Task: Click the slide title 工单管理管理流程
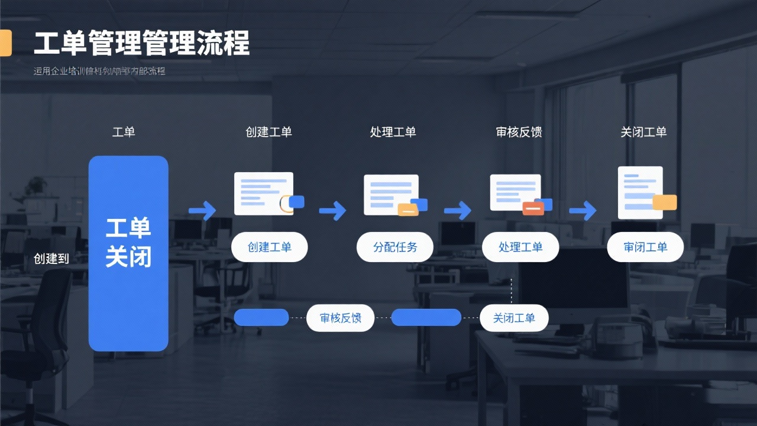pyautogui.click(x=142, y=44)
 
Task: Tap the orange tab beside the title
pyautogui.click(x=5, y=43)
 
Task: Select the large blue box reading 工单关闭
pyautogui.click(x=128, y=253)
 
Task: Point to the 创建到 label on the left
pyautogui.click(x=51, y=259)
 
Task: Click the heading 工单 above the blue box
pyautogui.click(x=124, y=131)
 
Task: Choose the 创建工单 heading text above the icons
pyautogui.click(x=268, y=131)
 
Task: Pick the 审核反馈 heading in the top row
pyautogui.click(x=519, y=131)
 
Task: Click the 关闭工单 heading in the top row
pyautogui.click(x=643, y=131)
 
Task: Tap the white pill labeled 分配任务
pyautogui.click(x=394, y=247)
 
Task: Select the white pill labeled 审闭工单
pyautogui.click(x=645, y=247)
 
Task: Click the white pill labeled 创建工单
pyautogui.click(x=269, y=247)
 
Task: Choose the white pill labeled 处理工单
pyautogui.click(x=520, y=247)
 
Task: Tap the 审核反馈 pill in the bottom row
pyautogui.click(x=341, y=318)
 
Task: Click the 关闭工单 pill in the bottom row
pyautogui.click(x=513, y=318)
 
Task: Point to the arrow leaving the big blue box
pyautogui.click(x=202, y=210)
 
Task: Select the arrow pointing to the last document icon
pyautogui.click(x=583, y=210)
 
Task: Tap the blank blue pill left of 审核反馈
pyautogui.click(x=261, y=318)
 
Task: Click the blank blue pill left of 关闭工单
pyautogui.click(x=426, y=318)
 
